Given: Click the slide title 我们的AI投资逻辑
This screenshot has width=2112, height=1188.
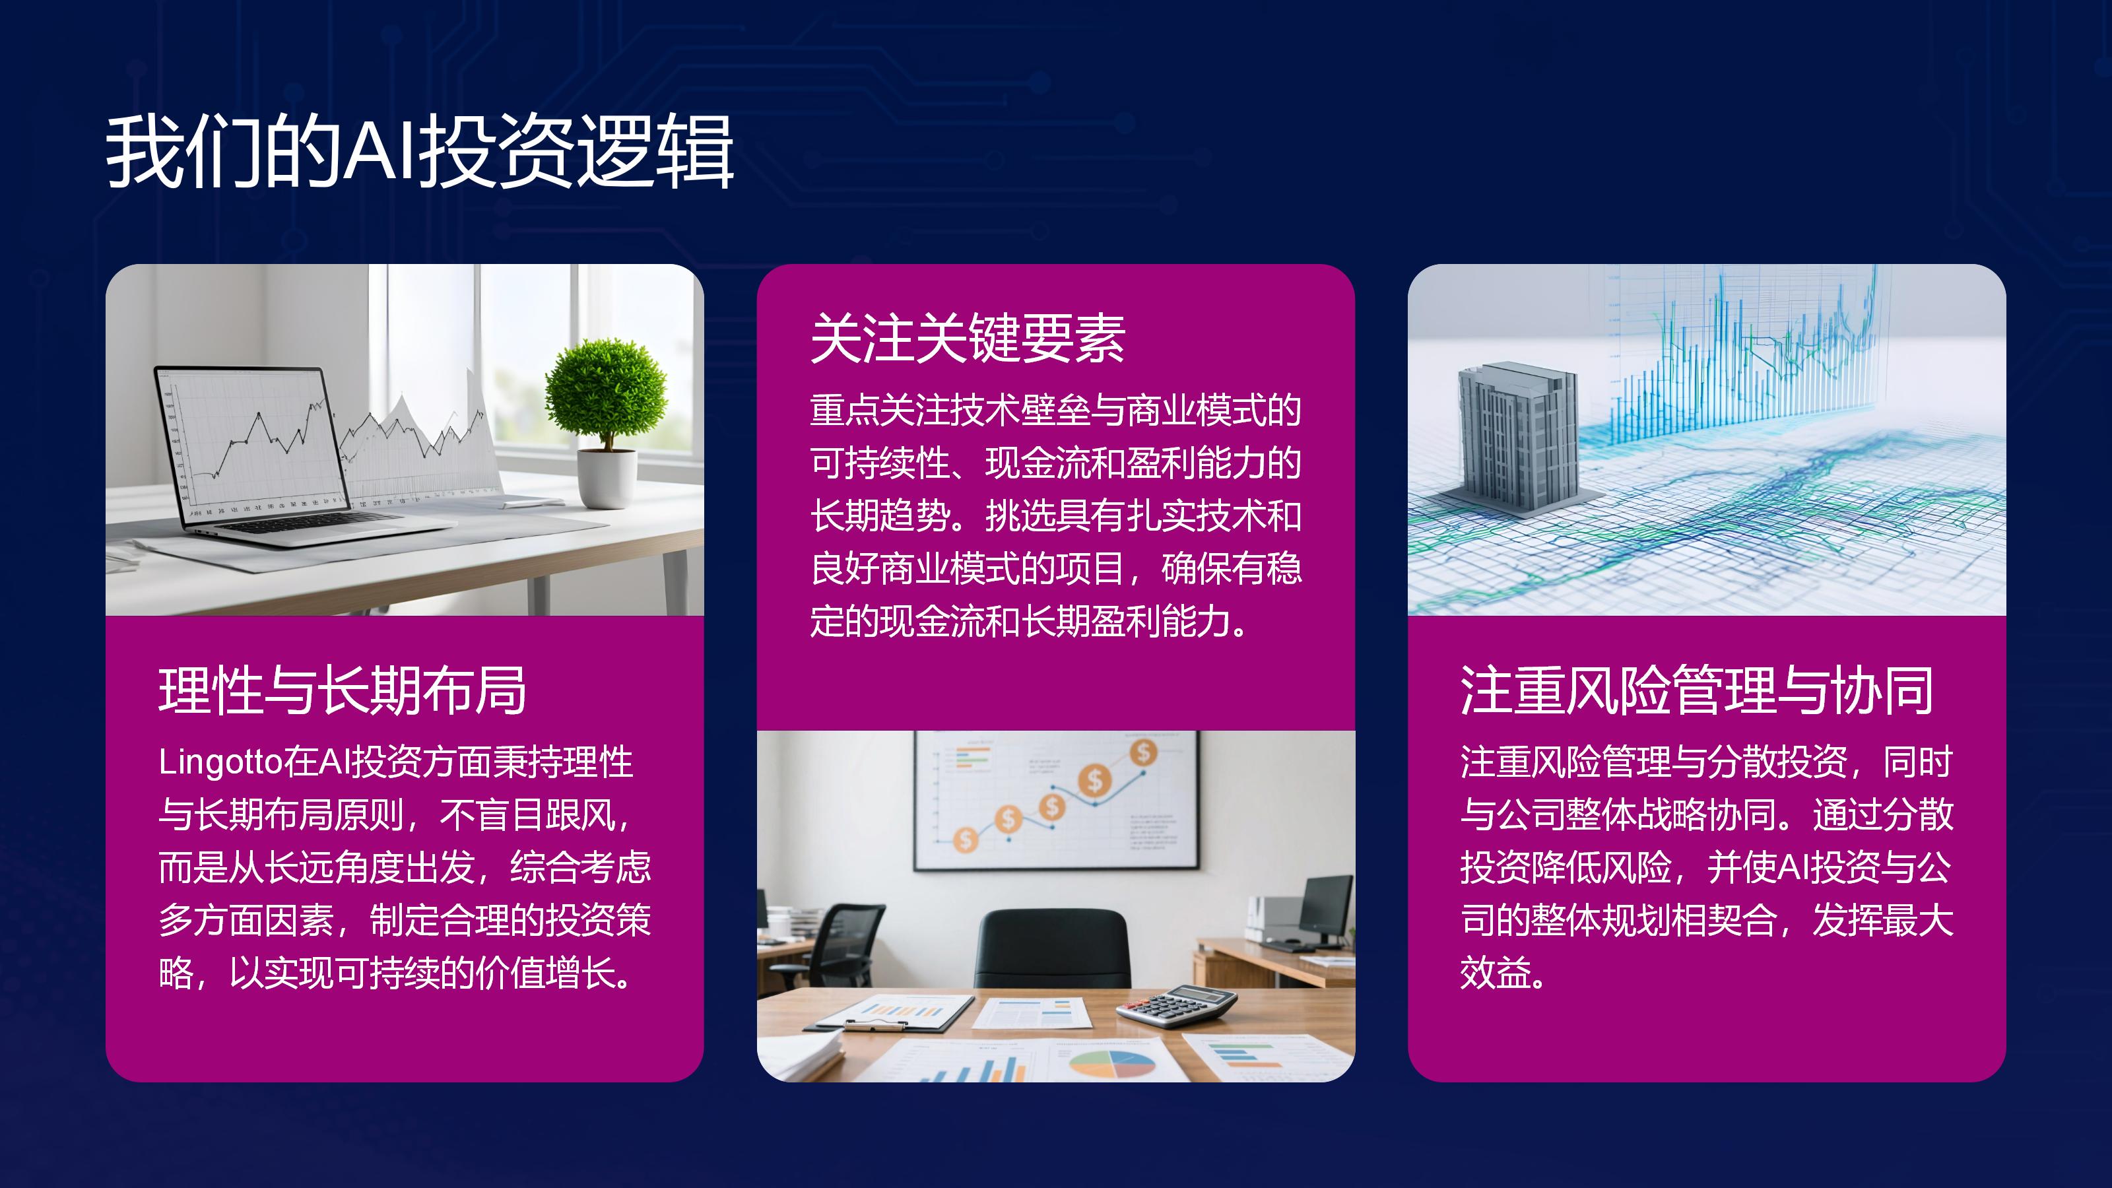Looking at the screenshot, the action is (419, 152).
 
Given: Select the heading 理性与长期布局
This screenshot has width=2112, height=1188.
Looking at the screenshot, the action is (343, 690).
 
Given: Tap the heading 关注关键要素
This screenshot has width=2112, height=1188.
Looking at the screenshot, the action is (968, 338).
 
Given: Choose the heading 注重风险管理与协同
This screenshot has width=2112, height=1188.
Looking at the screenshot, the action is (1697, 690).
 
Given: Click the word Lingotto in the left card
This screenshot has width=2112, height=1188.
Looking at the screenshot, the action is (220, 762).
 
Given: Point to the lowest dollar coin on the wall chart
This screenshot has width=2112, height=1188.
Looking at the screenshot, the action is (966, 840).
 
